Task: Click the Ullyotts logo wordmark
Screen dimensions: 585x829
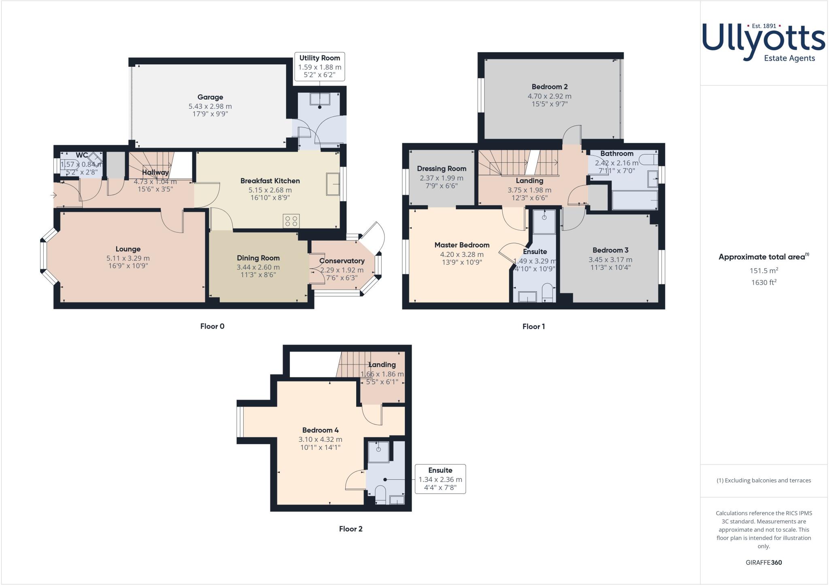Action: [x=763, y=40]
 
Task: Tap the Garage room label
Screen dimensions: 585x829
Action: [x=210, y=97]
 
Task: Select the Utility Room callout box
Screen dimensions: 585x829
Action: [x=320, y=67]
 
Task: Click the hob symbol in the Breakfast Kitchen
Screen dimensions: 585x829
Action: [x=291, y=221]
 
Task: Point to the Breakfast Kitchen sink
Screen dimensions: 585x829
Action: [x=333, y=184]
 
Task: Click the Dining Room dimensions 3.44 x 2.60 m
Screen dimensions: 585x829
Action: [x=258, y=267]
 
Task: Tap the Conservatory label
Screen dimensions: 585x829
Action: [x=342, y=261]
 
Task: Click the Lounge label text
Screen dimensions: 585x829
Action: [x=128, y=249]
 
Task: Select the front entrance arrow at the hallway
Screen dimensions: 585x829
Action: [x=54, y=195]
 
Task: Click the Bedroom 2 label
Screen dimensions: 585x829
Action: [x=549, y=87]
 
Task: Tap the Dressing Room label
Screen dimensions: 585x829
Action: [x=442, y=169]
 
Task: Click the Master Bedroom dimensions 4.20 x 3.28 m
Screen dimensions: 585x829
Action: [x=462, y=254]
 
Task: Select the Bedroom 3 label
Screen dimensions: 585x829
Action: [x=610, y=250]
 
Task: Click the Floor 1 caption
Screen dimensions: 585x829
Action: [x=534, y=326]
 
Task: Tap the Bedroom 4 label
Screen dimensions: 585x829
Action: [x=320, y=430]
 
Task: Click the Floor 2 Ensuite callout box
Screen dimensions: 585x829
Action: [x=440, y=479]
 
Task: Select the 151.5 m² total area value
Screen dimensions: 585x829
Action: [x=764, y=271]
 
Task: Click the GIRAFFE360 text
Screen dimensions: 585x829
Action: [x=763, y=562]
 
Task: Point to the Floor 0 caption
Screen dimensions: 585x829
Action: [x=212, y=326]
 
